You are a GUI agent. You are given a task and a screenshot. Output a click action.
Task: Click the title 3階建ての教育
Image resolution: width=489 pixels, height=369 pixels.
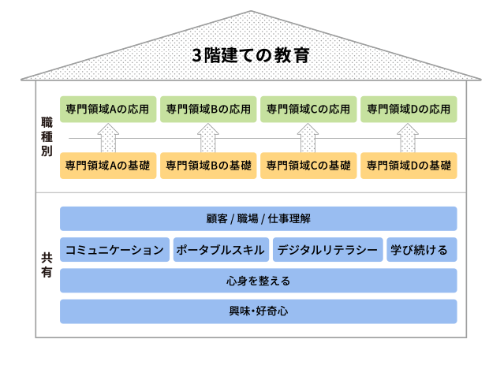[x=251, y=55]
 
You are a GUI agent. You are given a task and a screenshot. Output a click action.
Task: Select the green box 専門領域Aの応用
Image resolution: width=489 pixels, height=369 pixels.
[x=108, y=110]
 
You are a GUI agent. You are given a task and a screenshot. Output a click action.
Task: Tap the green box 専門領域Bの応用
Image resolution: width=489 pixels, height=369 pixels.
[x=208, y=110]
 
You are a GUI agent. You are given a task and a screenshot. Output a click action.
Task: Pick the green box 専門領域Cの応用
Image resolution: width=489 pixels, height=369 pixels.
[x=308, y=110]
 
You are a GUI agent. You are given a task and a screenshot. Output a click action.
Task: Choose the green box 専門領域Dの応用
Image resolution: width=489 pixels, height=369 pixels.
[x=409, y=110]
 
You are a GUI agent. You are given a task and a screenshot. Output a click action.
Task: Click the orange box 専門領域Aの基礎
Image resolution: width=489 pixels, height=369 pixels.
[x=108, y=166]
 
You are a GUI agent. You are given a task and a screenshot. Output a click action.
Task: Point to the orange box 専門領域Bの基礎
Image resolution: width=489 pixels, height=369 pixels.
[x=208, y=166]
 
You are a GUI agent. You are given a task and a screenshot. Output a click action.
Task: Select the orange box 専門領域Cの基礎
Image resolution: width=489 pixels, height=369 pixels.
[x=308, y=166]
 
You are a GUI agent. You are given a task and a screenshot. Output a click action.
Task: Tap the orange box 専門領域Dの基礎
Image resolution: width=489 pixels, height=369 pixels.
[x=409, y=166]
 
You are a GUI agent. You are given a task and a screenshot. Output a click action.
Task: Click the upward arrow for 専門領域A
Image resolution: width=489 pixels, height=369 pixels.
[x=108, y=138]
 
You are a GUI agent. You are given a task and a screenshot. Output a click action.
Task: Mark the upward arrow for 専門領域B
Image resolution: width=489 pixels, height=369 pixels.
[x=208, y=138]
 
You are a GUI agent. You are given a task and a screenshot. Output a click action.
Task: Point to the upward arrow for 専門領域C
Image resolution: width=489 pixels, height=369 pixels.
[x=308, y=138]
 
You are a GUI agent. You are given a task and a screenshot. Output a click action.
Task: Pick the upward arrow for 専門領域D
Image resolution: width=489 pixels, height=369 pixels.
[x=408, y=138]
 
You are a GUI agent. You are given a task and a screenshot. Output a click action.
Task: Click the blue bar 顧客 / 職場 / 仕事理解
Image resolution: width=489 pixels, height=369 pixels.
[x=259, y=218]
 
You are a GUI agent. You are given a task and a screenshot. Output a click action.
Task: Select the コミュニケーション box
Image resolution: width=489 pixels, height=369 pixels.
[x=115, y=250]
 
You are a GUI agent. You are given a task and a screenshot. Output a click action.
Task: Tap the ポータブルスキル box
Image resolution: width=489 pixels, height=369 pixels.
[x=221, y=250]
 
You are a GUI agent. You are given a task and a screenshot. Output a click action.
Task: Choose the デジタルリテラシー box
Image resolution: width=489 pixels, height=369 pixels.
[x=328, y=250]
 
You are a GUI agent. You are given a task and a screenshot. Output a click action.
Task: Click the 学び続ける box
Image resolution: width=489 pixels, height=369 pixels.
[x=422, y=250]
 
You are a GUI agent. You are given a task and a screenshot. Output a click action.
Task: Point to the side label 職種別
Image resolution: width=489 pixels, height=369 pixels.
[x=47, y=136]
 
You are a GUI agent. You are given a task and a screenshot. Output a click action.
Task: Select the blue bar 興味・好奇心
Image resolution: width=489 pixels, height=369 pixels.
[x=259, y=311]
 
